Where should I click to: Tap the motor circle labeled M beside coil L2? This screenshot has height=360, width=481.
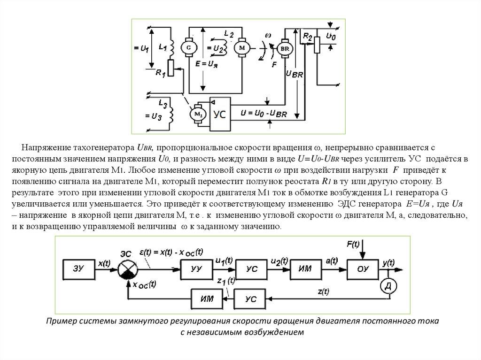(x=242, y=47)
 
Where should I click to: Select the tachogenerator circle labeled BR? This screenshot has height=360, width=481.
(x=285, y=48)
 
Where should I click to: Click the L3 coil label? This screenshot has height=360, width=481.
(x=163, y=101)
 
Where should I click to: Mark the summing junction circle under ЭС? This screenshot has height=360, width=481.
(x=126, y=269)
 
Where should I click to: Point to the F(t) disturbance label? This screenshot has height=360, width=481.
(x=353, y=244)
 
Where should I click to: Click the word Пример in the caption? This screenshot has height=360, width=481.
(x=62, y=322)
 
